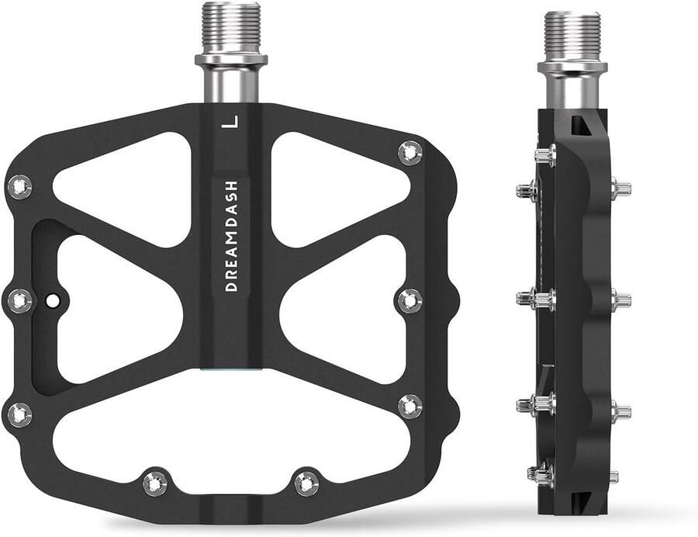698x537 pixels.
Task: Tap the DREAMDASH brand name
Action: [231, 236]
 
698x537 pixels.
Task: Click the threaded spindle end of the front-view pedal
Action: [231, 27]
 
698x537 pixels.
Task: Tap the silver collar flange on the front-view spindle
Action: [231, 59]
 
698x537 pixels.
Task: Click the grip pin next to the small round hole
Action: [19, 299]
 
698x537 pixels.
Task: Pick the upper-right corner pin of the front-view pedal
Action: [409, 152]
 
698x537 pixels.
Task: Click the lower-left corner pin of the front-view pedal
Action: [19, 414]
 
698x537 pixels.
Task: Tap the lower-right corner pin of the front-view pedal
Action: [409, 405]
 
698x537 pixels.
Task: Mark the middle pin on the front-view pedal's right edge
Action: [409, 300]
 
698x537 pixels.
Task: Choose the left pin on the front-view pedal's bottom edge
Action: [154, 483]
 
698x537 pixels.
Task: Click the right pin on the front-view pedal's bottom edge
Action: [306, 483]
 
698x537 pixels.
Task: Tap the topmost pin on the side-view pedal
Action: [545, 155]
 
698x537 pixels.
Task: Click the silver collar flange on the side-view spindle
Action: [572, 67]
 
